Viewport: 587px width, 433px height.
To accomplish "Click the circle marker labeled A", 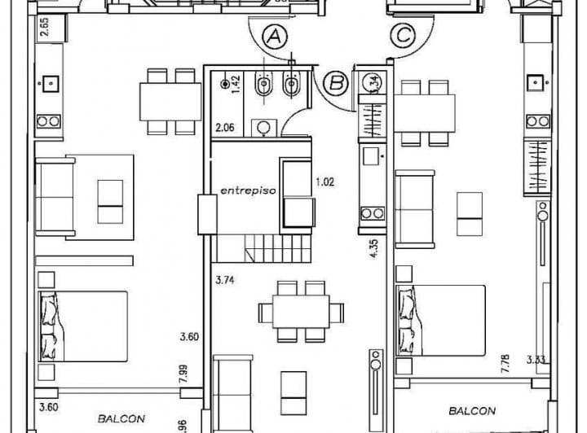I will coord(276,37).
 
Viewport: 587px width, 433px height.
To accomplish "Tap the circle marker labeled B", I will coord(335,82).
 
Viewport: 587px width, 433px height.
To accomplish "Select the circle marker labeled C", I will coord(402,36).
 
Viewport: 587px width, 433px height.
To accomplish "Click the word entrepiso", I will coord(248,190).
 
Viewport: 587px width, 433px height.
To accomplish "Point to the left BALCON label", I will coord(121,418).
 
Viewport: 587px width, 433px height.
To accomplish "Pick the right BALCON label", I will coord(471,411).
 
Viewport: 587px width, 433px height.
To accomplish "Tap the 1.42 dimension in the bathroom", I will coord(236,85).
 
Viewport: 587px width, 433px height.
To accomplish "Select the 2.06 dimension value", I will coord(225,128).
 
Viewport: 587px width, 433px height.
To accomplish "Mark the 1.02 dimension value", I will coord(324,182).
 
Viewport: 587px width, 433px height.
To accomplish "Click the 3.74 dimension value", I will coord(226,280).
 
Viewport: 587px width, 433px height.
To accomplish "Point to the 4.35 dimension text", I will coord(374,247).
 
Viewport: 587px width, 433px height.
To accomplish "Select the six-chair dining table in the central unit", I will coord(302,311).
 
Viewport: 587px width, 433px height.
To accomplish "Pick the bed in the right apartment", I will coord(440,320).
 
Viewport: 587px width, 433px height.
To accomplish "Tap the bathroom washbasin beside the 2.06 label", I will coord(263,127).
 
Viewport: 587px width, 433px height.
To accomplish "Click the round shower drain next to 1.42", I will coord(224,83).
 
